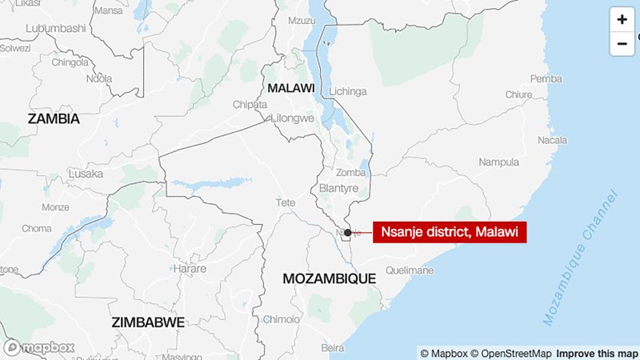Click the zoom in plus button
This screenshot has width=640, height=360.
(x=622, y=19)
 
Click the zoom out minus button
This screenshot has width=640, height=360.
(x=622, y=43)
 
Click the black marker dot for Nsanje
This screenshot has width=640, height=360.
(x=347, y=233)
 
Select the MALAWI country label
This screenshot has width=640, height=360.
(x=290, y=87)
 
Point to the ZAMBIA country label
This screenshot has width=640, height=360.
(x=54, y=118)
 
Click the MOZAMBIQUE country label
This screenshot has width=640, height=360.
(x=329, y=278)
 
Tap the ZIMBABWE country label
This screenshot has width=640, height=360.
(x=148, y=322)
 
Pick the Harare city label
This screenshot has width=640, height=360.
(x=189, y=269)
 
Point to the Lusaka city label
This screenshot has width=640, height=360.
(x=85, y=174)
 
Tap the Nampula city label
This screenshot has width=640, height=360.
(x=498, y=162)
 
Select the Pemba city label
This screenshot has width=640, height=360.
(x=546, y=78)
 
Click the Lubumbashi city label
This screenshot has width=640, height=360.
(x=55, y=28)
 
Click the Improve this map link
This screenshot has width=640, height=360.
(x=597, y=353)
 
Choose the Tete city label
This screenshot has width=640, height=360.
(x=286, y=202)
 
